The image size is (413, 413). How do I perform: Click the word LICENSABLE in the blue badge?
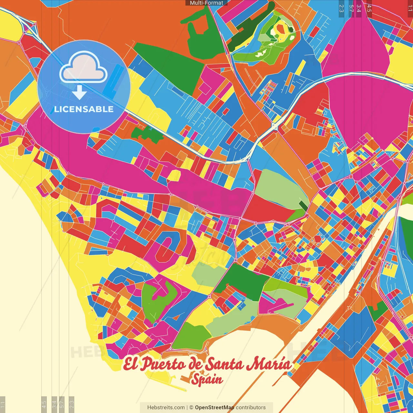(84, 109)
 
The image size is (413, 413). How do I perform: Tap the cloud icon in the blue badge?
(83, 67)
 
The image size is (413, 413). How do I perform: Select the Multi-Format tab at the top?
(206, 3)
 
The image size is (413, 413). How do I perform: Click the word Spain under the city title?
(207, 379)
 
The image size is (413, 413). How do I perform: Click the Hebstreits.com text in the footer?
(166, 408)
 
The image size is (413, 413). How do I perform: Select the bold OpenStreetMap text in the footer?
(215, 408)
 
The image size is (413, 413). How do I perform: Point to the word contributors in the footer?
(251, 408)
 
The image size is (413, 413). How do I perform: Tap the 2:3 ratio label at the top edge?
(341, 8)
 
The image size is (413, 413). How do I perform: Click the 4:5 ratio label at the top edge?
(369, 8)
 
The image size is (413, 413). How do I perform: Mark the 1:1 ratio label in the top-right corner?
(410, 8)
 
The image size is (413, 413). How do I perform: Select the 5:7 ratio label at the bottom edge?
(62, 404)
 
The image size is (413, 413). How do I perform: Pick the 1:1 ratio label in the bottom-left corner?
(3, 404)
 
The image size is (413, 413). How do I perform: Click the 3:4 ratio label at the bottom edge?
(54, 404)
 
